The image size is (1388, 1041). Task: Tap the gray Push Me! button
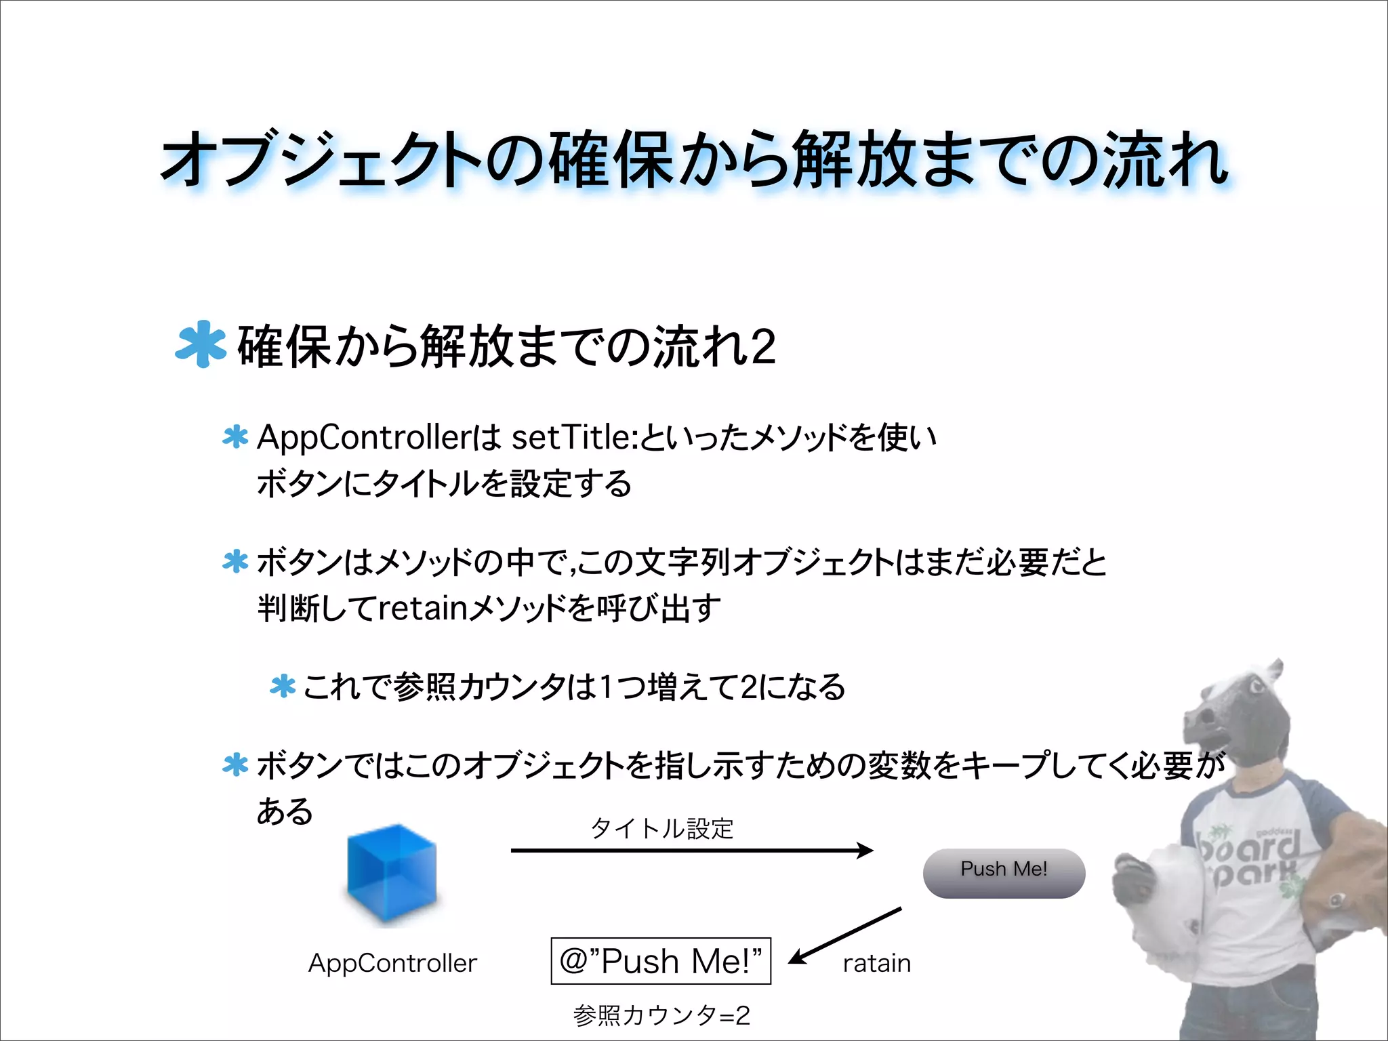(1004, 873)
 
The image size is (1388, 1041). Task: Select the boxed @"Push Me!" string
(661, 960)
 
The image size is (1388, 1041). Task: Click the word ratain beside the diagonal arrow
(876, 963)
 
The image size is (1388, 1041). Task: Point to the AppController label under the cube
(392, 963)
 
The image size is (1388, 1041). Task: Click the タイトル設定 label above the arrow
(662, 828)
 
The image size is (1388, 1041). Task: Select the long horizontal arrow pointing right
(691, 850)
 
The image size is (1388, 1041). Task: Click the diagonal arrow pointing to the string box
(844, 935)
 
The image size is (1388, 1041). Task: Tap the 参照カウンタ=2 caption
(661, 1015)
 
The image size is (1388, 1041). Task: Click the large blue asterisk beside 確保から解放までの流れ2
(200, 344)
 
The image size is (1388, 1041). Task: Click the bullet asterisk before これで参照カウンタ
(283, 687)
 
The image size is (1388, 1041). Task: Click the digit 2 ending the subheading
(762, 346)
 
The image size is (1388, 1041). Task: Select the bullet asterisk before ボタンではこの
(235, 765)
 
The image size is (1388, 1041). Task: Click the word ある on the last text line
(285, 811)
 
